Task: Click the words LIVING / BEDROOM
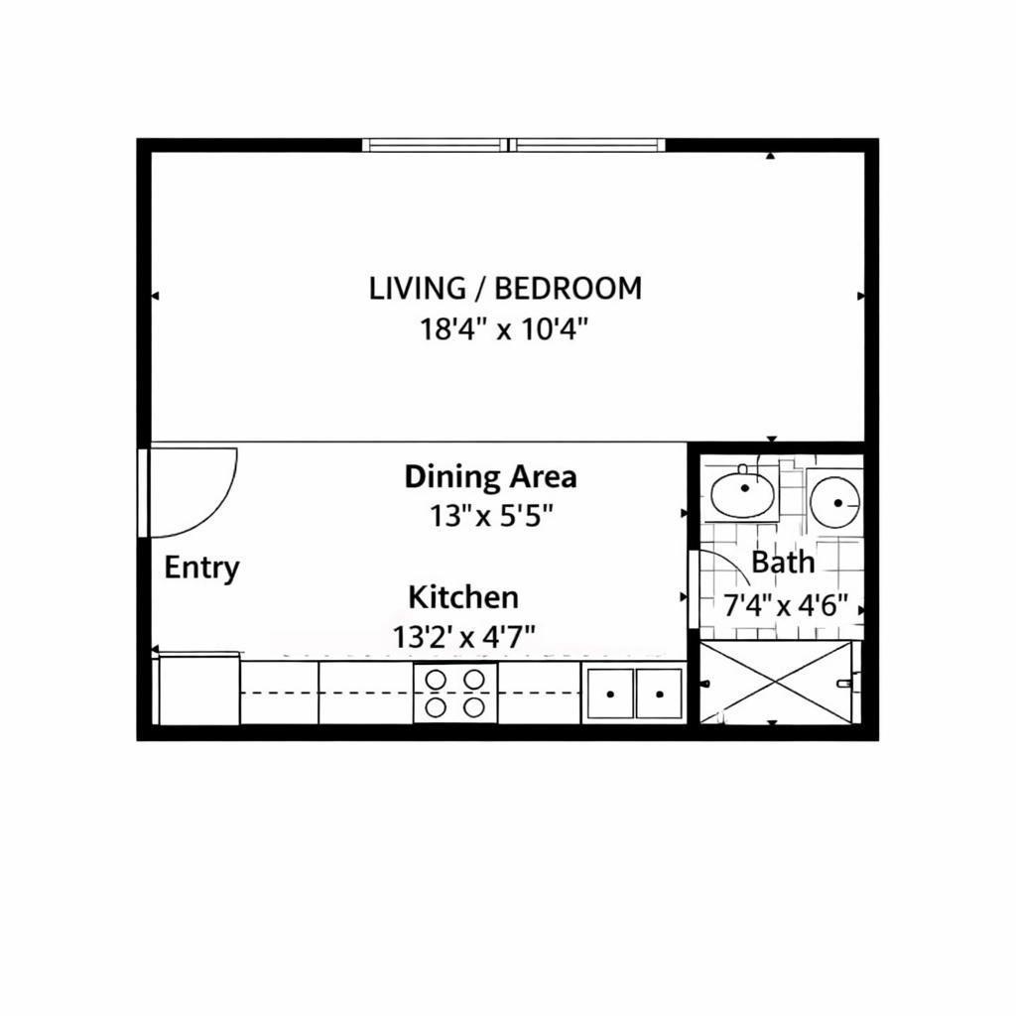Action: click(x=505, y=289)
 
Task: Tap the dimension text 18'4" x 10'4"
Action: click(x=505, y=328)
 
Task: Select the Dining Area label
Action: click(x=490, y=477)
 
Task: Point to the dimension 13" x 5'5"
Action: click(x=490, y=516)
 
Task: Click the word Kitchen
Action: click(x=463, y=597)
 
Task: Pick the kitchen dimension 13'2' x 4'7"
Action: click(x=464, y=637)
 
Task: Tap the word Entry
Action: click(x=201, y=569)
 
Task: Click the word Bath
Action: click(x=783, y=563)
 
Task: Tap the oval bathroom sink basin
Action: click(x=743, y=493)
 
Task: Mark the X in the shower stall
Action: click(x=776, y=682)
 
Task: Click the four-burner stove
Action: click(x=455, y=693)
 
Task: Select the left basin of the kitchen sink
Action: click(x=609, y=693)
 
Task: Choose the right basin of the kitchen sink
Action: click(x=659, y=693)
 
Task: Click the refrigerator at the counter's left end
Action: click(x=199, y=689)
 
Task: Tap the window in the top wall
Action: click(x=513, y=145)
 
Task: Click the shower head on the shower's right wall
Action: click(x=844, y=683)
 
